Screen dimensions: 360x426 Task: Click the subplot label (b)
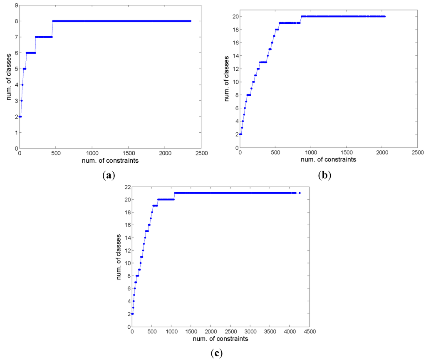[x=324, y=175]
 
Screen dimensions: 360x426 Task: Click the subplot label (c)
[x=216, y=353]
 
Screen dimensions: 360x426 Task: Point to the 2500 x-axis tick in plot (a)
[x=201, y=153]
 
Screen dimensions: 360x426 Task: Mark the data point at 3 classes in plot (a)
[x=21, y=101]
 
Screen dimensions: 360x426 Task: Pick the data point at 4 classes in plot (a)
[x=22, y=85]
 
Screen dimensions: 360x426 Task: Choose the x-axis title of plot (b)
[x=329, y=160]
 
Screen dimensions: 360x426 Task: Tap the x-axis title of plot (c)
[x=221, y=339]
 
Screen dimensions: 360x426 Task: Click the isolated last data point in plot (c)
[x=300, y=193]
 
